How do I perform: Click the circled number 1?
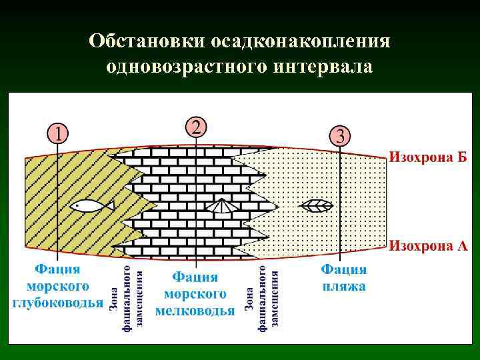[58, 133]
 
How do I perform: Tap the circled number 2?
[196, 126]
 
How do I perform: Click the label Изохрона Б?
[428, 158]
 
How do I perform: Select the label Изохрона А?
[428, 245]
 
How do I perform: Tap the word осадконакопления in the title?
[299, 41]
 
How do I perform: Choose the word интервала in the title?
[326, 67]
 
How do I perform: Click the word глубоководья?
[58, 303]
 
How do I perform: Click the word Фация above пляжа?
[343, 270]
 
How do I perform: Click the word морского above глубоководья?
[58, 286]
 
